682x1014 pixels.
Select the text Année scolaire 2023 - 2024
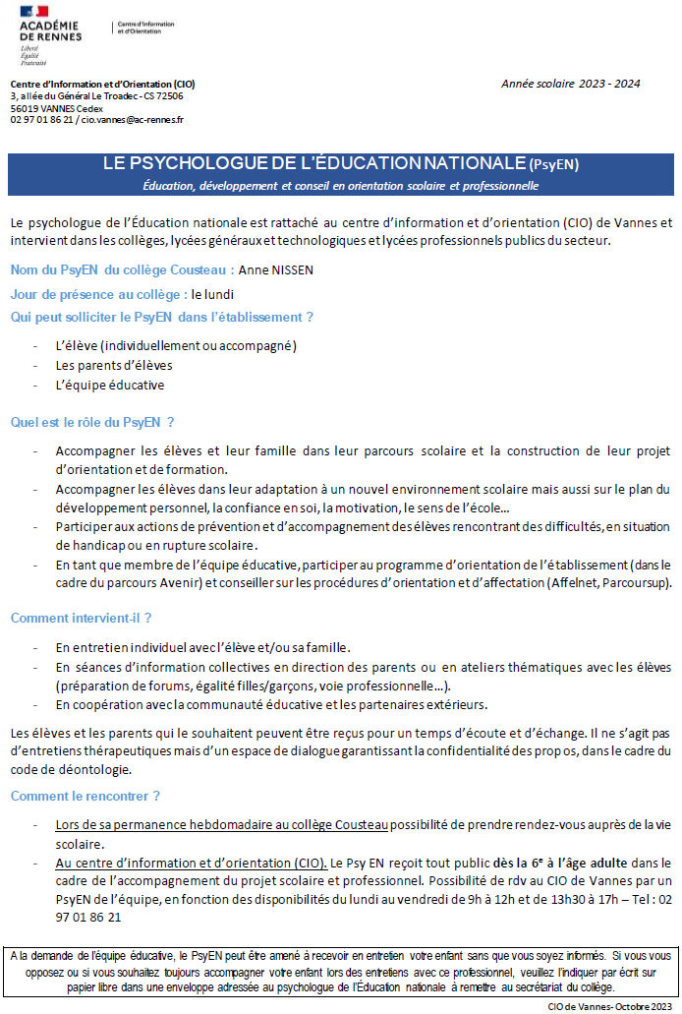tap(570, 84)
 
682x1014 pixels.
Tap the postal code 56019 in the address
tap(25, 108)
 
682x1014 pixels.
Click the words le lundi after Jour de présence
tap(212, 293)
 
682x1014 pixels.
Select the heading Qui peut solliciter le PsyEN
tap(162, 317)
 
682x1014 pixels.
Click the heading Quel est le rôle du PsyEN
tap(92, 422)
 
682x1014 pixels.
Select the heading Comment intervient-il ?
tap(81, 619)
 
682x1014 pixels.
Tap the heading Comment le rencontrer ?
tap(85, 796)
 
